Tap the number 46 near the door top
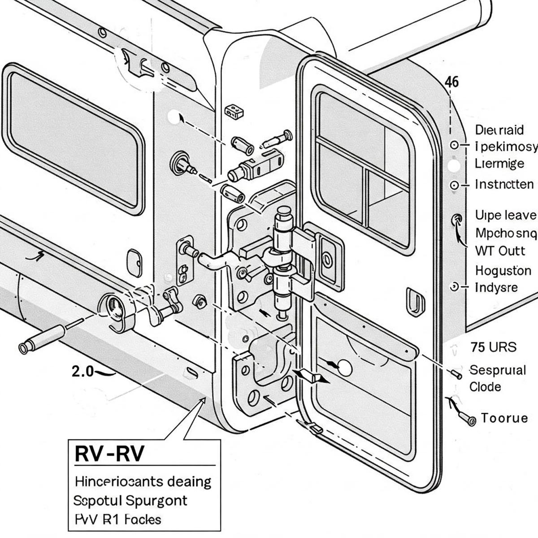451,82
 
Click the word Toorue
504,418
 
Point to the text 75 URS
493,347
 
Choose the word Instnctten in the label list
504,184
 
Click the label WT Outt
499,251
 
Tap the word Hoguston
503,271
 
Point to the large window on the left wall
74,138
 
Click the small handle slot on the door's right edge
415,302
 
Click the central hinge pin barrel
283,260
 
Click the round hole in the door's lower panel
345,368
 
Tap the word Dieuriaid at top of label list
499,130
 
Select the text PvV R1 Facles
117,519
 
